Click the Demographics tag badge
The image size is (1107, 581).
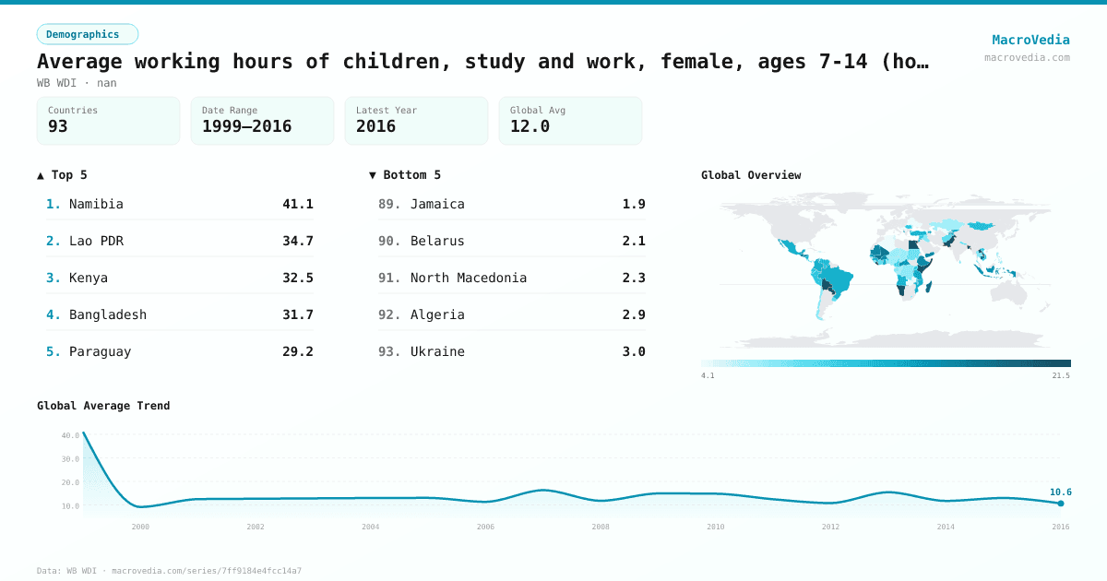coord(87,34)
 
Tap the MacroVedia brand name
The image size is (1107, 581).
coord(1030,40)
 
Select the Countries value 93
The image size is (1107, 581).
coord(58,126)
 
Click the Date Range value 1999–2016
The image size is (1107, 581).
coord(246,126)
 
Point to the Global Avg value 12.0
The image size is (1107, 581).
coord(530,126)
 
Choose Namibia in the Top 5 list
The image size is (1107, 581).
coord(96,204)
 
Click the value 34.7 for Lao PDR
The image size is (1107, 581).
coord(297,241)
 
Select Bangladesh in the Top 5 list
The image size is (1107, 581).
coord(108,314)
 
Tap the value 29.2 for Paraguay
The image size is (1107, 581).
coord(297,351)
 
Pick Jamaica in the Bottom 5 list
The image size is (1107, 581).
coord(437,204)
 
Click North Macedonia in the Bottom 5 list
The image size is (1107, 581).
coord(469,278)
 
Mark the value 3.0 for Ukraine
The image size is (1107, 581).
coord(634,351)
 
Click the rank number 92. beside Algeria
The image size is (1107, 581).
coord(389,314)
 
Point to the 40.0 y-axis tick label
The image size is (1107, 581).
coord(71,435)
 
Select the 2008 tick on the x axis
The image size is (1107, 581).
coord(601,527)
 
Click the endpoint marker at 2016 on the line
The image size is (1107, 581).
coord(1060,504)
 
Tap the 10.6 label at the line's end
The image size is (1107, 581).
coord(1060,492)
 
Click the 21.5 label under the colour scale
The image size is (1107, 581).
coord(1060,375)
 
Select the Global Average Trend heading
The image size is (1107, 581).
coord(103,406)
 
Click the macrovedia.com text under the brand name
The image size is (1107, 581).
coord(1027,57)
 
